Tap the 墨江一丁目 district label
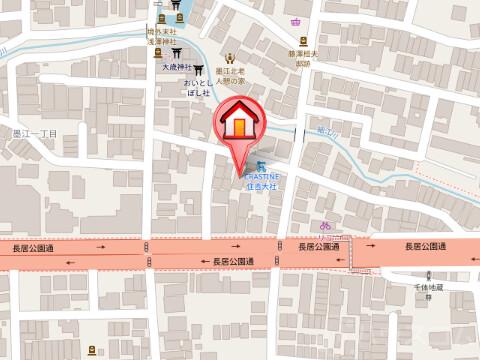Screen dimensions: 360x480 [36, 132]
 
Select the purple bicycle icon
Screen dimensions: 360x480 [325, 227]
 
